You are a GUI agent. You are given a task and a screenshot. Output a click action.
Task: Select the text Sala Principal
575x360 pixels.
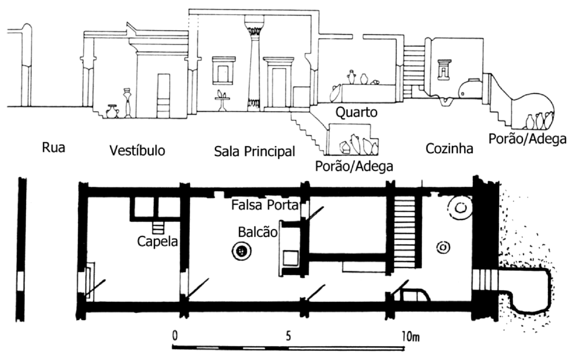point(254,151)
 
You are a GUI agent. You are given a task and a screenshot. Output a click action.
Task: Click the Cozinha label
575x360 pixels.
point(449,149)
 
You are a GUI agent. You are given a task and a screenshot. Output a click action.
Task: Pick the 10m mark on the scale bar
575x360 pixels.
point(411,337)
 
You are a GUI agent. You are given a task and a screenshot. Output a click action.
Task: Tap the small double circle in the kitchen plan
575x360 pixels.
point(442,248)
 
